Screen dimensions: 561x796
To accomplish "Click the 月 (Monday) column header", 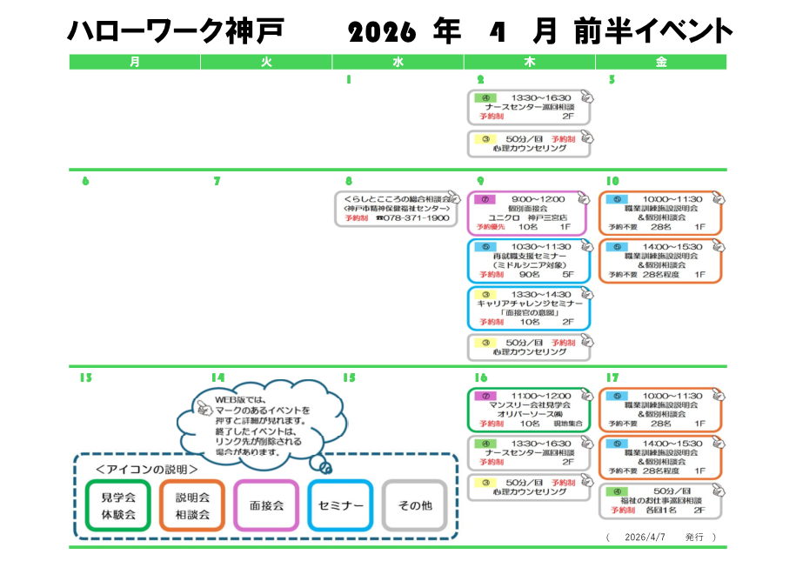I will point(134,62).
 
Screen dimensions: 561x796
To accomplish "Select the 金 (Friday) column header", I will point(661,62).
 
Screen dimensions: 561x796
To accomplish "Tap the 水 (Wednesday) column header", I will point(398,62).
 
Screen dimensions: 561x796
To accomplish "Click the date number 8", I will point(348,182).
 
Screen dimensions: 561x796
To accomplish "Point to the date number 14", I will point(217,377).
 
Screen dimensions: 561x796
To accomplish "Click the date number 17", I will point(612,377).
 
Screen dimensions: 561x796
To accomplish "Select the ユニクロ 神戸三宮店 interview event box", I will point(528,213).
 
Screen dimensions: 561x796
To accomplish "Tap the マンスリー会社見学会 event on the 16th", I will point(528,411).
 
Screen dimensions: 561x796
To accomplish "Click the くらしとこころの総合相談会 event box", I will point(398,209).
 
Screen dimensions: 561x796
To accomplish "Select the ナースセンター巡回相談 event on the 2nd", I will point(528,107).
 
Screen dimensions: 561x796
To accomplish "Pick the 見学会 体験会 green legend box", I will point(117,505).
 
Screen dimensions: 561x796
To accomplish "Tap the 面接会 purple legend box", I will point(266,505).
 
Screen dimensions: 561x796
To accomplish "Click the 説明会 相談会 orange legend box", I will point(192,505).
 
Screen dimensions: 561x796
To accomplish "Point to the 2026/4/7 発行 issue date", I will point(662,538).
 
